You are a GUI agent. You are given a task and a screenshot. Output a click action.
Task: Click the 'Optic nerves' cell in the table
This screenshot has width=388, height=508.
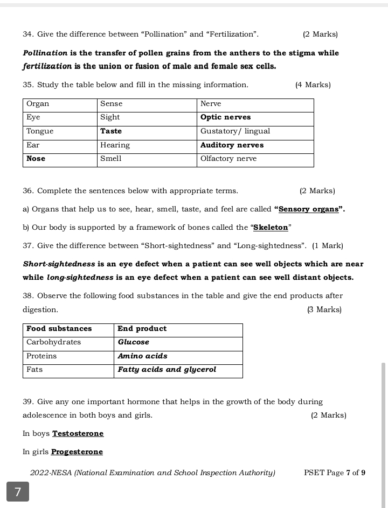click(x=225, y=117)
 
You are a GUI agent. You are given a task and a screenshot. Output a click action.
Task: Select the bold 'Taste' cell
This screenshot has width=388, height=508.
click(x=111, y=131)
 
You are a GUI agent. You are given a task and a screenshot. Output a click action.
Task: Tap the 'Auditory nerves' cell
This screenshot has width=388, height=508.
click(x=232, y=145)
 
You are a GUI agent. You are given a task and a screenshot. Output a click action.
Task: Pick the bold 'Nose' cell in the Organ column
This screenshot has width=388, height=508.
click(x=36, y=159)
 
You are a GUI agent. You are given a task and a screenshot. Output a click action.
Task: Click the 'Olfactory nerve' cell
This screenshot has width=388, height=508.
click(x=228, y=159)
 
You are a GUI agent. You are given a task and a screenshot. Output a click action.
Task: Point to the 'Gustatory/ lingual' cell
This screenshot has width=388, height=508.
click(x=235, y=131)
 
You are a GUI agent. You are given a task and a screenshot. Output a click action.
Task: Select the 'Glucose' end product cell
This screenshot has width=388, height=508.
click(x=134, y=342)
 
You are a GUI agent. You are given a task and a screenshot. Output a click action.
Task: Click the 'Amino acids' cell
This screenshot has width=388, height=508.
click(x=142, y=356)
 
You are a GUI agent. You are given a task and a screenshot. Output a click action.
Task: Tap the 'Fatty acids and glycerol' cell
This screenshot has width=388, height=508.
click(x=167, y=370)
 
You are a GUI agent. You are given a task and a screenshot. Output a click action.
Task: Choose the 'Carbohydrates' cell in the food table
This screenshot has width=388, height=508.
click(x=53, y=342)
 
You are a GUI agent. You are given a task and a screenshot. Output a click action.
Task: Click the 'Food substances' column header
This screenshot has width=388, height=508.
click(x=59, y=329)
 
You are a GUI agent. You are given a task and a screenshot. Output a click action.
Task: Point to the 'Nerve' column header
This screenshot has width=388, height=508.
click(x=211, y=104)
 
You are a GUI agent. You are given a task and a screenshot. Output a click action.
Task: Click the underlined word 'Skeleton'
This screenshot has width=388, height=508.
click(x=271, y=228)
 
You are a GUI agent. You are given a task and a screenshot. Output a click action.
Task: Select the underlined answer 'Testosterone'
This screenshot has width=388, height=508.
click(x=78, y=434)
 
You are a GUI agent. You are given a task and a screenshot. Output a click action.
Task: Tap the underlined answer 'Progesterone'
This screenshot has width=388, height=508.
click(x=77, y=452)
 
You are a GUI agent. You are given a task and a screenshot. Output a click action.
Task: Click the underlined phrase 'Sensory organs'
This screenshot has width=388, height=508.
click(x=308, y=209)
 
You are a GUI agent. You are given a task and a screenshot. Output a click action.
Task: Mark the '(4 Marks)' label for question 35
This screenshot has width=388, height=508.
click(x=313, y=85)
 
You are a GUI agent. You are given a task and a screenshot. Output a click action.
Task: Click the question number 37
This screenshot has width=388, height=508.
click(x=28, y=246)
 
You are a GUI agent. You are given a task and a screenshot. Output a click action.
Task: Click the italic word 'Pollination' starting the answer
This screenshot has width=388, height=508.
click(x=45, y=53)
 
